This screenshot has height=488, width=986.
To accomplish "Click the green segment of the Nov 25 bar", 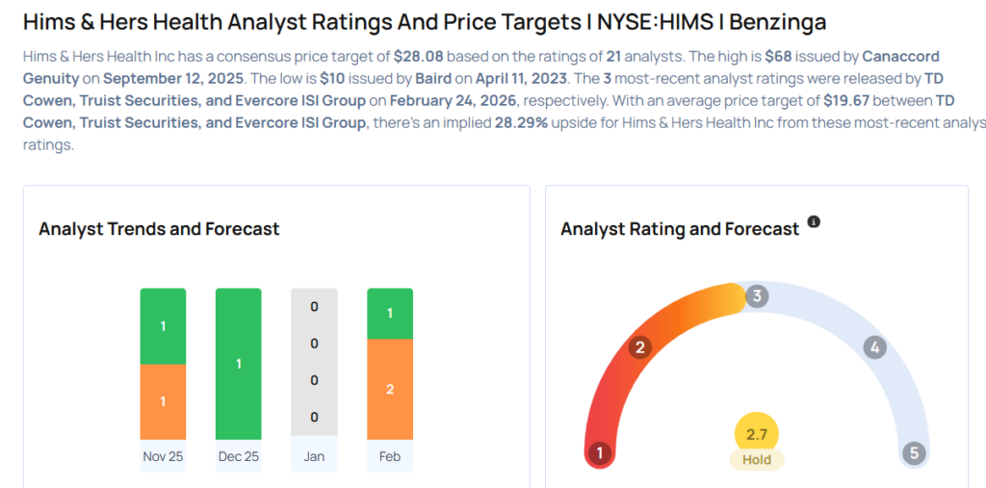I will tap(163, 326).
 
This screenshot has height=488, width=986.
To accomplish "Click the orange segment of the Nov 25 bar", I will tap(163, 400).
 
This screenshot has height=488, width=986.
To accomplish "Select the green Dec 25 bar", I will tap(239, 363).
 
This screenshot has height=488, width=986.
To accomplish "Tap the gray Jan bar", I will tap(314, 363).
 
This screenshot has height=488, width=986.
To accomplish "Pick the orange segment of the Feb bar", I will tap(390, 388).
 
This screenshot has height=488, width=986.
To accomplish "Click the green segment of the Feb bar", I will tap(390, 314).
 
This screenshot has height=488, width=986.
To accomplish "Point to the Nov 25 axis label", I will tap(163, 456).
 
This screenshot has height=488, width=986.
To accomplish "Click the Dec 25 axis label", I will tap(239, 456).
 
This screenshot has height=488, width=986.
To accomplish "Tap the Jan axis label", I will tap(314, 456).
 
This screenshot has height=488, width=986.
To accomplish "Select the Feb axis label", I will tap(390, 456).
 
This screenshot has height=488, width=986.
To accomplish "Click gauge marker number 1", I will tap(600, 453).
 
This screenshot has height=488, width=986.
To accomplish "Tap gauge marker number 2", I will tap(638, 347).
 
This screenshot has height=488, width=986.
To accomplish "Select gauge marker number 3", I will tap(757, 296).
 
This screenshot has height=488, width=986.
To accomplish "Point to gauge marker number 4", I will tap(874, 347).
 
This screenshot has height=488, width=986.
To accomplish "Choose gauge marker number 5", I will tap(913, 453).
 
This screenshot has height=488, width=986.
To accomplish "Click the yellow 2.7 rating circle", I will tap(757, 434).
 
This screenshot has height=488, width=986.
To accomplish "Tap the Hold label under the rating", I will tap(757, 460).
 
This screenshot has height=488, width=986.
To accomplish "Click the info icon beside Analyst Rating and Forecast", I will tap(814, 222).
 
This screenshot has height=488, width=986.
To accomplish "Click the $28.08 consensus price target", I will tap(419, 57).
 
